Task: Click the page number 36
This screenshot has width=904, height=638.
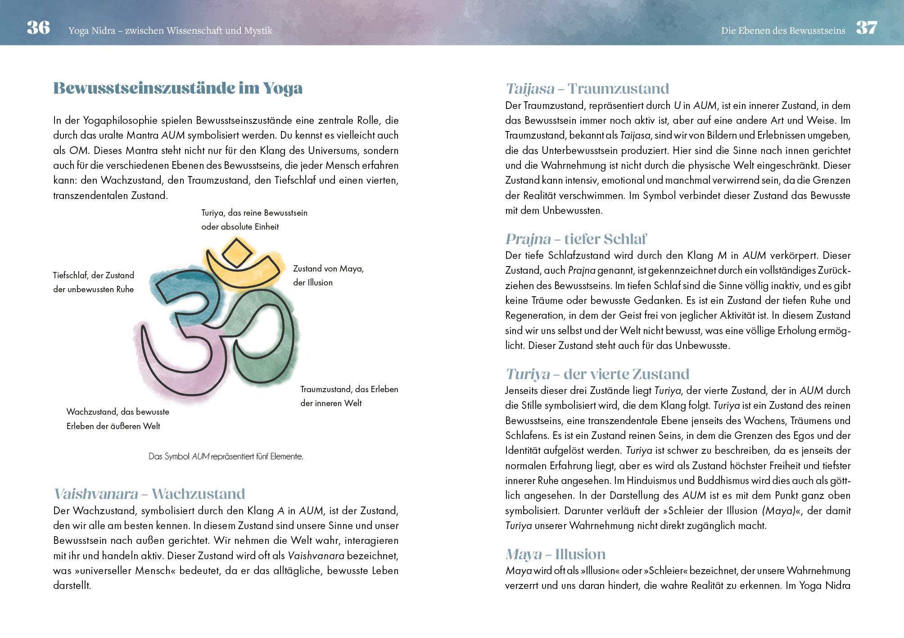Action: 38,28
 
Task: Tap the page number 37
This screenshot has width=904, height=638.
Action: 867,28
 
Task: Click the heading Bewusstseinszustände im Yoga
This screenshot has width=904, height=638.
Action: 178,88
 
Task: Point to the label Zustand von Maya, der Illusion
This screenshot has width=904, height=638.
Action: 328,276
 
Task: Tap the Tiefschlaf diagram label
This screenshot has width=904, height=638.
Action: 94,282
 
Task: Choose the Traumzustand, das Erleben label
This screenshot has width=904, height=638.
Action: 349,396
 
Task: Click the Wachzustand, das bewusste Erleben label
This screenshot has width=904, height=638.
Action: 118,419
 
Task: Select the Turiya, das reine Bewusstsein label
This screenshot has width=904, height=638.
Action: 254,220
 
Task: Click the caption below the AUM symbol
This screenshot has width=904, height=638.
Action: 226,457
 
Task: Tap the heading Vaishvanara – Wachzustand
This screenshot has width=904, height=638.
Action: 149,494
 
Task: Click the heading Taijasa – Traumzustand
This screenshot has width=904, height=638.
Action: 587,89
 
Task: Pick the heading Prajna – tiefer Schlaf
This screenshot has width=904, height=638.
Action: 576,239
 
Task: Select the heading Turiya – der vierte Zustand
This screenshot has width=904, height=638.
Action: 597,374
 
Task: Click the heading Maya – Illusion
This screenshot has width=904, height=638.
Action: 556,554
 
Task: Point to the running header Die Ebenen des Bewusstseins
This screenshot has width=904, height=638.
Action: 783,31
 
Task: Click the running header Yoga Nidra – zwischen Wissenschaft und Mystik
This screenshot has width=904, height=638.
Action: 170,31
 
